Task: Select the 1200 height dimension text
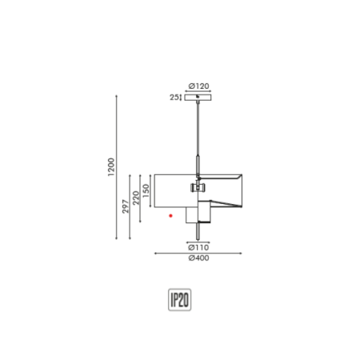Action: coord(111,166)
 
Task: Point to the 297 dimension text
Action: coord(125,206)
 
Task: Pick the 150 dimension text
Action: coord(146,191)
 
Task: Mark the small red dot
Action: coord(170,215)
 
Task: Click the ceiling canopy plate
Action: coord(198,98)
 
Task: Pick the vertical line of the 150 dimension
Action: coord(150,191)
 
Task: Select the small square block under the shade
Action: coord(192,215)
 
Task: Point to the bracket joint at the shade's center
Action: coord(198,188)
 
